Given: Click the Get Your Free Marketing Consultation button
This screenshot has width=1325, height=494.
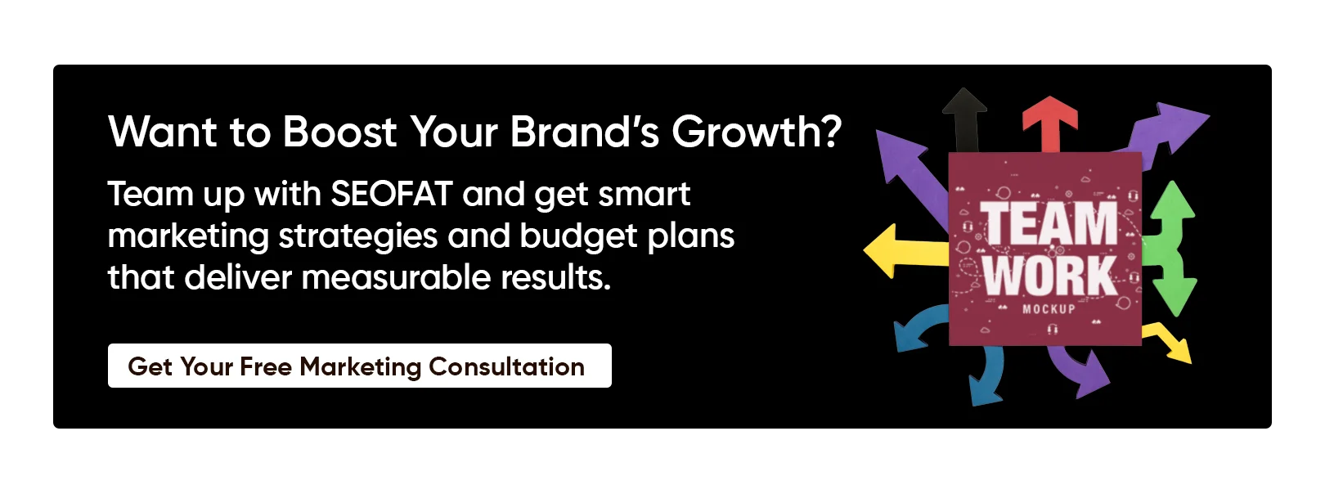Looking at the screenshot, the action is click(x=360, y=366).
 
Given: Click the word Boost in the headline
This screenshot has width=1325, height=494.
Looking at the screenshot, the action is click(x=339, y=132).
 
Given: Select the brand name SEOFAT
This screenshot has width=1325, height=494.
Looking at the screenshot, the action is click(x=392, y=194).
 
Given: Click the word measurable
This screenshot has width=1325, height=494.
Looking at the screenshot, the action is click(x=396, y=277).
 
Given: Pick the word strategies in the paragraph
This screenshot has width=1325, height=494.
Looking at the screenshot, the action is click(x=358, y=236).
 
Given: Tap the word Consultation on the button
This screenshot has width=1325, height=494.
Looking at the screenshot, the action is click(x=506, y=366).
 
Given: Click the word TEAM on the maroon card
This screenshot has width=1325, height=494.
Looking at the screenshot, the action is click(x=1049, y=222).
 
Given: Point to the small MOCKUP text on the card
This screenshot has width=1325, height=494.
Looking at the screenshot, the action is click(x=1049, y=309).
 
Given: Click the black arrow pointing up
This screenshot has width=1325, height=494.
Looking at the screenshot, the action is click(x=965, y=121).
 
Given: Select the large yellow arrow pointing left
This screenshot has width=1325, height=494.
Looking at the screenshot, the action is click(x=905, y=251).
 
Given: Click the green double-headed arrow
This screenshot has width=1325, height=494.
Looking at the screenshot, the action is click(x=1170, y=249).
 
